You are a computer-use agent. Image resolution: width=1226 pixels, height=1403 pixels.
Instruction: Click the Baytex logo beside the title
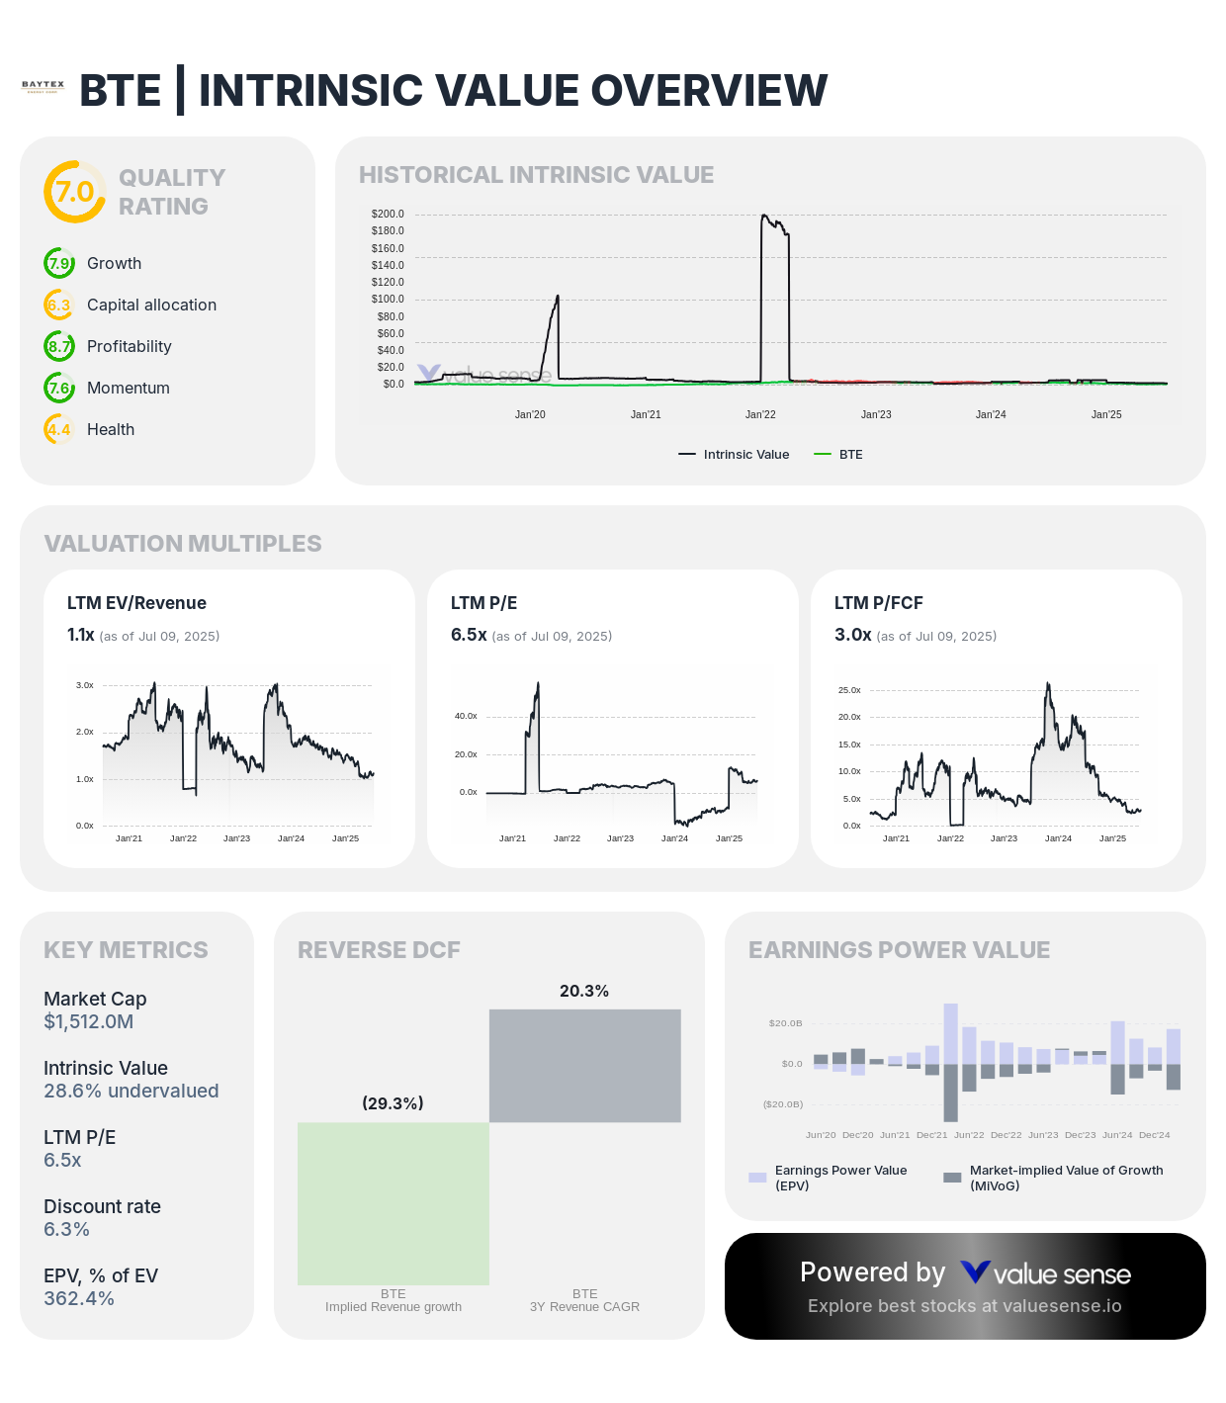point(43,87)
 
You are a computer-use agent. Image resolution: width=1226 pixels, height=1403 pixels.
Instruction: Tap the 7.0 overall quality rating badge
point(74,192)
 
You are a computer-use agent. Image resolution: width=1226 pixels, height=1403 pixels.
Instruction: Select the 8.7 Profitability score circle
point(59,346)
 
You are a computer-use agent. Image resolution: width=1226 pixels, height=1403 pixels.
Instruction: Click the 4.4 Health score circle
point(59,429)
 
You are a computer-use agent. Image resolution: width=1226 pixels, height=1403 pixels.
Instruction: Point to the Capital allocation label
point(151,305)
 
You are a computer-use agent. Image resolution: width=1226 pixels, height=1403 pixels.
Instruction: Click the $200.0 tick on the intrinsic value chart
point(388,214)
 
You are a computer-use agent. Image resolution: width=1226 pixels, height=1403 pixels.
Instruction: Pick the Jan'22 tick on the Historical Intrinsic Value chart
point(760,414)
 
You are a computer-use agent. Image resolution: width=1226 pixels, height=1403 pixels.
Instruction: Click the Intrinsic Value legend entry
point(735,455)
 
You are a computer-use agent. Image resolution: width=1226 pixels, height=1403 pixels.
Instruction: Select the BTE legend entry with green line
point(838,455)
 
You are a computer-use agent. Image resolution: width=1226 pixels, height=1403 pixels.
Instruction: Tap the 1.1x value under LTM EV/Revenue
point(80,635)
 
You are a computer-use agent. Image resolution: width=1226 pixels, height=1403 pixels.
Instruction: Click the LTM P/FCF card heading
point(878,603)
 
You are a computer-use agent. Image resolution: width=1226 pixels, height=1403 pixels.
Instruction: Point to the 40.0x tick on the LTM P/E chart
point(466,716)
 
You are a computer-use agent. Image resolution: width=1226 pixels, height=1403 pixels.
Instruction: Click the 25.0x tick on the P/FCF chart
point(849,690)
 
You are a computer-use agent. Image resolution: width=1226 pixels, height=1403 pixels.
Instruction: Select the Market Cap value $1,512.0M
point(88,1021)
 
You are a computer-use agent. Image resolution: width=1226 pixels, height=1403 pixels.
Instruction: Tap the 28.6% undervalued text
point(131,1091)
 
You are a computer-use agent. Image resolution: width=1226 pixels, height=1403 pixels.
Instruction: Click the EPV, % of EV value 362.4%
point(79,1298)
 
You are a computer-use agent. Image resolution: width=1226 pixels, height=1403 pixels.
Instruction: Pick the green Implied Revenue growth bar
point(394,1203)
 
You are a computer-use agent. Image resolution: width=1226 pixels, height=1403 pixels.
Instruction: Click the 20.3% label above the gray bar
point(584,991)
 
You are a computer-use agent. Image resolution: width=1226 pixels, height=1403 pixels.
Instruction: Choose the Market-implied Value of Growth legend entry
point(1054,1178)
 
